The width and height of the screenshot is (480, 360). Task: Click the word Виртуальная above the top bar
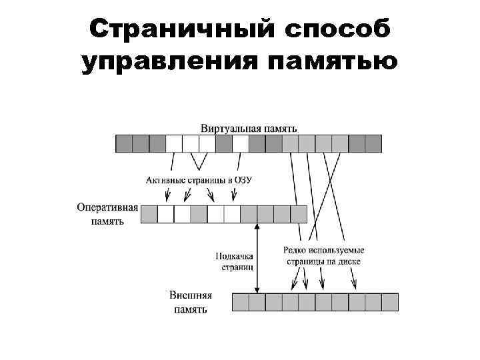(x=227, y=127)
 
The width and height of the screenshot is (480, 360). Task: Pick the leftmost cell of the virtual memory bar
(x=124, y=143)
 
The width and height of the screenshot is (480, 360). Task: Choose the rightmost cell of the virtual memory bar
(x=373, y=143)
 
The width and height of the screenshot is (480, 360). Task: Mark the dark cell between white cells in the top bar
(x=224, y=143)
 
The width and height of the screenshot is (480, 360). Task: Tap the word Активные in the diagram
(x=163, y=180)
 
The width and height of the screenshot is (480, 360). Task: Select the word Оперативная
(x=107, y=207)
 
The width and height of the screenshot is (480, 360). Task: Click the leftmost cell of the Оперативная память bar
(x=149, y=213)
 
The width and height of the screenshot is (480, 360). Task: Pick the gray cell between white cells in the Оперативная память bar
(x=199, y=213)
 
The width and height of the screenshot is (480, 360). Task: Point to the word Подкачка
(x=234, y=255)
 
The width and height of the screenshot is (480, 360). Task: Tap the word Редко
(x=295, y=251)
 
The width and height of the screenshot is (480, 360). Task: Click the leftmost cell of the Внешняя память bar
(x=240, y=302)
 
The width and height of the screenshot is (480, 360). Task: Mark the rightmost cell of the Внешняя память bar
(x=390, y=302)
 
